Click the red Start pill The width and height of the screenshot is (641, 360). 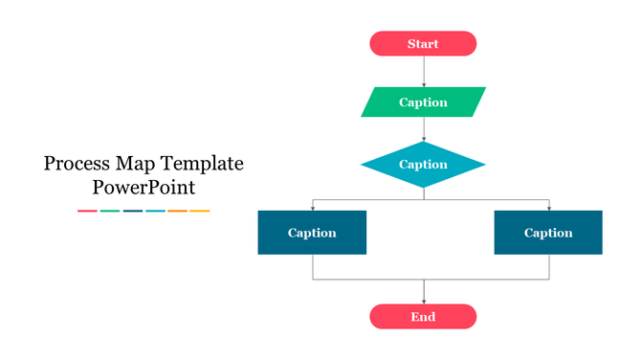[x=423, y=44]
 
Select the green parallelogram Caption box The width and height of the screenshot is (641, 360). [x=423, y=102]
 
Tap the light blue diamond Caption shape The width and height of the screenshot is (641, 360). [x=423, y=165]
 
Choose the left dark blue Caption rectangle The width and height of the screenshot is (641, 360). [x=312, y=233]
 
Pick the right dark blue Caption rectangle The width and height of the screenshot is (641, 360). [x=548, y=233]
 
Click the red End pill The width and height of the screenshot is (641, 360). [x=423, y=317]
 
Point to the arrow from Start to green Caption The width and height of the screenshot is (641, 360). [x=424, y=72]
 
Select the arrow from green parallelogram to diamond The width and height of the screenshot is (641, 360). [x=424, y=129]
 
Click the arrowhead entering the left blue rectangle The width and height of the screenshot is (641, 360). [x=313, y=207]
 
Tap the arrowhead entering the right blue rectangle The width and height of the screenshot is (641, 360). [x=549, y=207]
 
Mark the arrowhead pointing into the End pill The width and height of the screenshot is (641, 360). [x=424, y=301]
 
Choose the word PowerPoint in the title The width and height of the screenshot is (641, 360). [x=144, y=188]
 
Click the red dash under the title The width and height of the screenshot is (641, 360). [x=87, y=211]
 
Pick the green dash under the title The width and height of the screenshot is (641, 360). [x=110, y=211]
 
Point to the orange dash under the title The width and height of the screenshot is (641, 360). [x=177, y=211]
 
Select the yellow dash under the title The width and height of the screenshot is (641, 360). [x=199, y=211]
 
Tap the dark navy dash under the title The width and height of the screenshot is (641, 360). [x=132, y=211]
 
